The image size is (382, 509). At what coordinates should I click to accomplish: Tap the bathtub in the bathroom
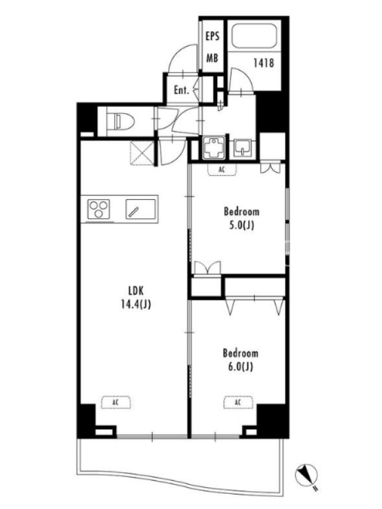pos(254,36)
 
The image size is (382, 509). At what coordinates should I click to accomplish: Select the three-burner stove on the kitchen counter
pos(99,209)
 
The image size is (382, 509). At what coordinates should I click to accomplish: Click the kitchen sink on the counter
pos(140,209)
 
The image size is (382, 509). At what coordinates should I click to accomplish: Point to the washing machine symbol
pos(214,148)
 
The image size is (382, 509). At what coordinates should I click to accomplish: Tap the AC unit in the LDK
pos(116,403)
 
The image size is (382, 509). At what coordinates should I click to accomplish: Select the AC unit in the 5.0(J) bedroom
pos(222,169)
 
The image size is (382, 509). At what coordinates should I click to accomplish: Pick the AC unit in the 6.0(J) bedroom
pos(238,403)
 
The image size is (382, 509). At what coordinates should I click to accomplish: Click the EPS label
pos(213,36)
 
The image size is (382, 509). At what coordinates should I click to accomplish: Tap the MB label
pos(213,59)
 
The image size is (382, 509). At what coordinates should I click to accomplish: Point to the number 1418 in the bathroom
pos(264,62)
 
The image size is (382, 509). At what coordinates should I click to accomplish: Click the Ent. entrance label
pos(181,90)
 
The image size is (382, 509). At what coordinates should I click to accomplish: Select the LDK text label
pos(136,290)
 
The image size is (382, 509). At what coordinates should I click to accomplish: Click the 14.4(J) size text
pos(136,305)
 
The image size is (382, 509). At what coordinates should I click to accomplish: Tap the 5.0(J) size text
pos(241,225)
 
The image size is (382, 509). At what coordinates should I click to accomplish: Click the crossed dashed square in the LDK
pos(141,153)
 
